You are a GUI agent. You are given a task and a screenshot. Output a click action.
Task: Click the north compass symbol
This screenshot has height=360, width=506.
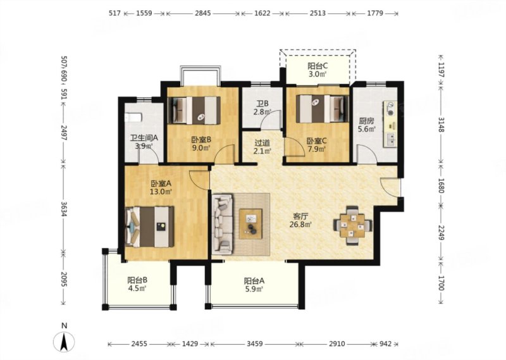(65, 341)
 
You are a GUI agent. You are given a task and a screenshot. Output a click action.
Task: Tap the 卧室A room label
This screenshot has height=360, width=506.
(161, 183)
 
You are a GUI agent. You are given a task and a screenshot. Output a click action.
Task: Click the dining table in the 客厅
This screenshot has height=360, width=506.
(352, 226)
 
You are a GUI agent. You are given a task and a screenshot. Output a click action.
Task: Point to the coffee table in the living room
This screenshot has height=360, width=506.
(250, 224)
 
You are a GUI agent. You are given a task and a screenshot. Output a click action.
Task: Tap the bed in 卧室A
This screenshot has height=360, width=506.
(149, 227)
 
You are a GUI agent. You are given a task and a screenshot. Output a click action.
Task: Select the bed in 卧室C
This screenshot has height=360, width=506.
(323, 108)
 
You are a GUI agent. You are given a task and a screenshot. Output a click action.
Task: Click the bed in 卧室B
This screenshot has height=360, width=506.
(194, 111)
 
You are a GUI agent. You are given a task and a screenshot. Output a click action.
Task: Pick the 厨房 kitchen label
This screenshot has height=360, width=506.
(367, 121)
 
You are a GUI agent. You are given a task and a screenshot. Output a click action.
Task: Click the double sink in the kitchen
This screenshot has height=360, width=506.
(390, 139)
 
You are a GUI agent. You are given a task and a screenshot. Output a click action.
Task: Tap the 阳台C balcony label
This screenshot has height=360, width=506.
(318, 66)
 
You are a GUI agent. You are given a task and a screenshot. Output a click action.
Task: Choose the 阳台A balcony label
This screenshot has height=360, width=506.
(254, 281)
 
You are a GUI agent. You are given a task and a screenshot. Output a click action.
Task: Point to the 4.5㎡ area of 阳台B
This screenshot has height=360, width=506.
(137, 289)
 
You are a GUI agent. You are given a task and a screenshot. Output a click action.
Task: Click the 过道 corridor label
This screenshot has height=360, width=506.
(262, 142)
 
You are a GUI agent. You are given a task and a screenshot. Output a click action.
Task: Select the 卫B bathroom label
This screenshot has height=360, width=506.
(262, 104)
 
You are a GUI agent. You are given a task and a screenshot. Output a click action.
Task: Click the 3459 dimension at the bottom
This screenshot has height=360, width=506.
(255, 344)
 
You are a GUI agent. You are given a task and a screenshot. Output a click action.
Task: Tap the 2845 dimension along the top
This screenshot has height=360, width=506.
(203, 13)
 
